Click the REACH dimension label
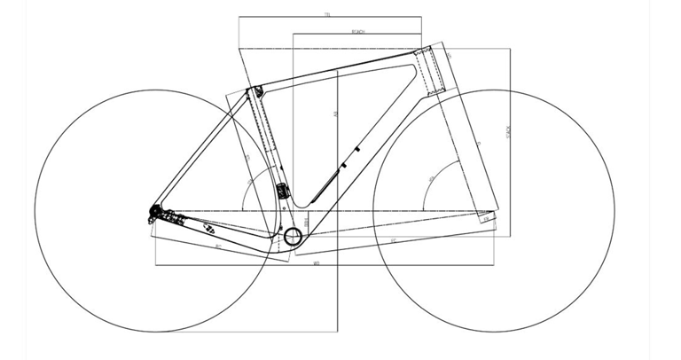[359, 32]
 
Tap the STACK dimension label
[509, 133]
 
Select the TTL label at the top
[327, 14]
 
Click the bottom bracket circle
[294, 236]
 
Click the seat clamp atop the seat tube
[257, 91]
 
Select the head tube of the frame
[437, 71]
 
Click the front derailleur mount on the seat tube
[284, 190]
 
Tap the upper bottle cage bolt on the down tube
[357, 149]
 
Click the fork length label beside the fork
[477, 142]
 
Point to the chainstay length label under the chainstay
[217, 246]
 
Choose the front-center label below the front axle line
[391, 239]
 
